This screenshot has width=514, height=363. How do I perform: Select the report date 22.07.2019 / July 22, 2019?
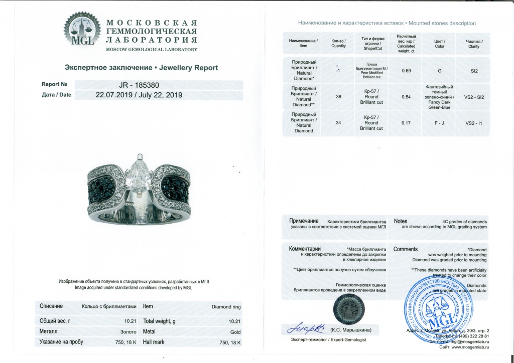click(139, 94)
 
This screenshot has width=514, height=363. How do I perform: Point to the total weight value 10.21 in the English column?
click(234, 320)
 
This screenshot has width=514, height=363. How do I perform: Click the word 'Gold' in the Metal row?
click(235, 332)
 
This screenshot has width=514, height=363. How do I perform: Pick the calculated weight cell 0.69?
click(407, 71)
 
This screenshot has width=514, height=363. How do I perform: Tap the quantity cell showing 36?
click(338, 97)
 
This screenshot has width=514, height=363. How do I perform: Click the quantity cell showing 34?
click(338, 122)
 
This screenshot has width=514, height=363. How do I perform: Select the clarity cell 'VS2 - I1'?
click(474, 122)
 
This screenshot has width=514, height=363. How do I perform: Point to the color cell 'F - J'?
click(440, 122)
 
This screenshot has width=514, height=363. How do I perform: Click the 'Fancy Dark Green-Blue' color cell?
click(440, 97)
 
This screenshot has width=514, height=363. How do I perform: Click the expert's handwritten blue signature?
click(307, 329)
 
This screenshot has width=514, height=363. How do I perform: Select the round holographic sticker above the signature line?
click(347, 306)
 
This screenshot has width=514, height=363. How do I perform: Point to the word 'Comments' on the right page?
click(406, 249)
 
